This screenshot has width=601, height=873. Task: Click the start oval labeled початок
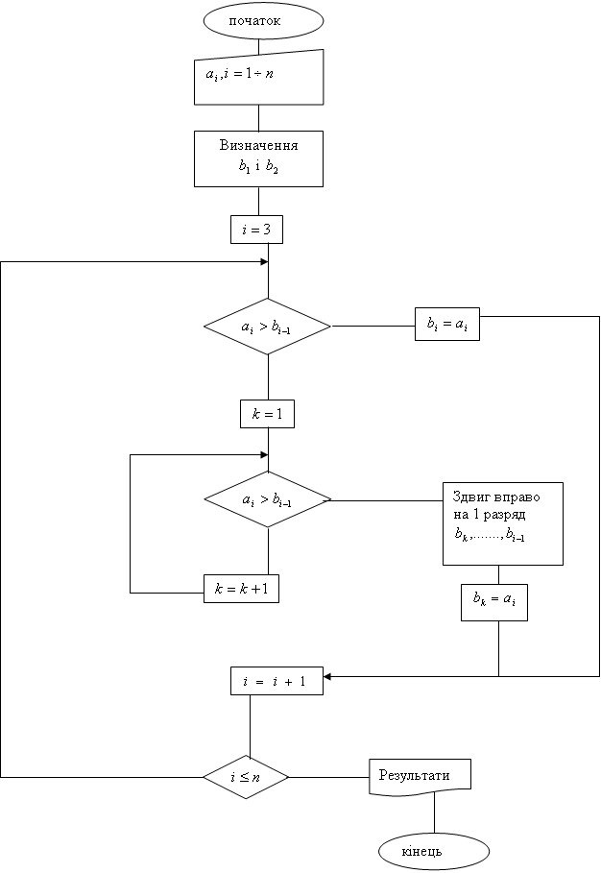click(x=258, y=20)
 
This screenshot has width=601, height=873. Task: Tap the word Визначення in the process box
click(x=258, y=146)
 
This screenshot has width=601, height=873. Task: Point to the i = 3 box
click(x=256, y=230)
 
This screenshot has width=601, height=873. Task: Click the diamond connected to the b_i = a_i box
click(x=267, y=327)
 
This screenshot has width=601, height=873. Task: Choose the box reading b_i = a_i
click(x=446, y=325)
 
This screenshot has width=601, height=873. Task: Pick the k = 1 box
click(x=266, y=414)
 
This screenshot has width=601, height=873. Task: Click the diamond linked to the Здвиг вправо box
click(x=267, y=499)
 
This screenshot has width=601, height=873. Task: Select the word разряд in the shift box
click(x=518, y=516)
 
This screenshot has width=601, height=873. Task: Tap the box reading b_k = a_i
click(x=493, y=601)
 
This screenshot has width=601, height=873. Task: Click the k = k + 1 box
click(x=241, y=589)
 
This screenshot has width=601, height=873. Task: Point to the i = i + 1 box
click(x=276, y=681)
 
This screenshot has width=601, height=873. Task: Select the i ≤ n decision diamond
click(x=246, y=776)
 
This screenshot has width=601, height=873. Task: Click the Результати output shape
click(x=420, y=775)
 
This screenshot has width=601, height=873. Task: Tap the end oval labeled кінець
click(x=435, y=851)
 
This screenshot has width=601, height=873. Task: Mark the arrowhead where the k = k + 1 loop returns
click(x=264, y=454)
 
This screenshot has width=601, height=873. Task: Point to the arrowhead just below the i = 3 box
click(x=264, y=261)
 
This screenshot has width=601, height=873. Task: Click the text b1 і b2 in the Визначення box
click(x=258, y=166)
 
